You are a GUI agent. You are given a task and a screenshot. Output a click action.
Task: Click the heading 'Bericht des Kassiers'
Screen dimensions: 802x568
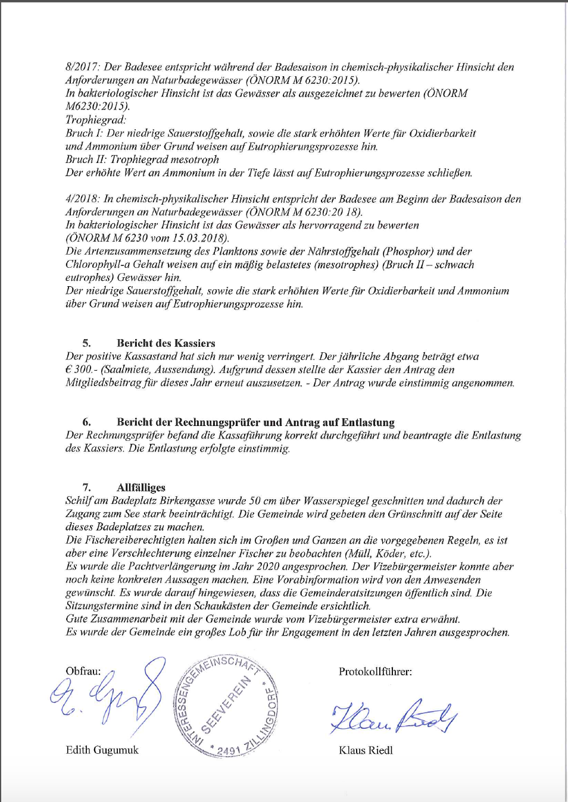pos(166,343)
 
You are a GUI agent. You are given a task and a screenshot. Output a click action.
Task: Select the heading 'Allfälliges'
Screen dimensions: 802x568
pos(141,488)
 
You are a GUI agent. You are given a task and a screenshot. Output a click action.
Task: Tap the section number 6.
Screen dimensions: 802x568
pos(86,422)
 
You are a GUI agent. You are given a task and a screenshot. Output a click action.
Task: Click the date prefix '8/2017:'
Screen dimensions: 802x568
pos(83,67)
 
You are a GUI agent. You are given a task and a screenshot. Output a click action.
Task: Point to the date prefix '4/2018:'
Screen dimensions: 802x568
pos(83,199)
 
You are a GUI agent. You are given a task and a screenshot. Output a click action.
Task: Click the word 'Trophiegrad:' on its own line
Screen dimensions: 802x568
pos(96,120)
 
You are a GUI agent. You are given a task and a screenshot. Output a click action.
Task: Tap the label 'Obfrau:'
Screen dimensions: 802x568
pos(83,671)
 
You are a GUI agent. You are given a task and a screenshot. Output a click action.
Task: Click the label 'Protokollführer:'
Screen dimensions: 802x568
pos(375,672)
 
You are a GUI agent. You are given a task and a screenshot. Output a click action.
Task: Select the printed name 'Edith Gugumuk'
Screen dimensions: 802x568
pos(102,750)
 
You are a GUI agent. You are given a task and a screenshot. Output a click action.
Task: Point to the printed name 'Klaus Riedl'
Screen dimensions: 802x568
pos(366,751)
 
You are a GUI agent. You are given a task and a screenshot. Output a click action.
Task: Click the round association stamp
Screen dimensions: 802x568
pos(226,706)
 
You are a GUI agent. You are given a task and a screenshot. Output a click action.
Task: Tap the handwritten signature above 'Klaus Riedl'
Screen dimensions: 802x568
pos(393,718)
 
